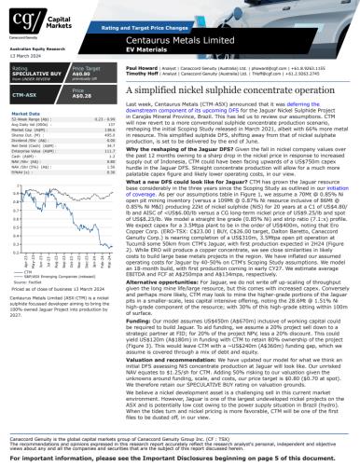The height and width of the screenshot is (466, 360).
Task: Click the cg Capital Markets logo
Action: click(x=32, y=22)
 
